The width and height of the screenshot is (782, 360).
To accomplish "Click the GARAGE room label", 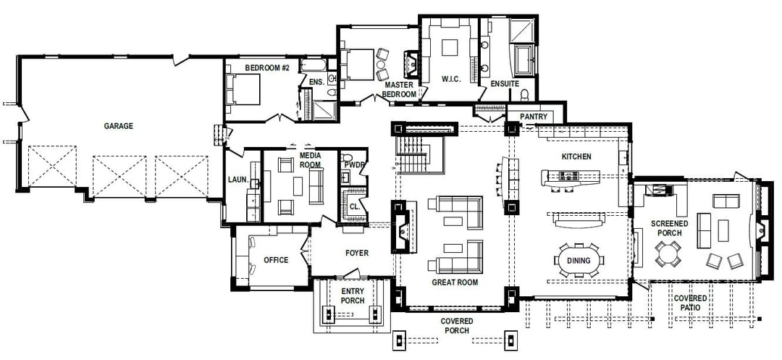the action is click(118, 126).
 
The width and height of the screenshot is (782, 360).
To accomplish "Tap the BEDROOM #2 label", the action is click(266, 67).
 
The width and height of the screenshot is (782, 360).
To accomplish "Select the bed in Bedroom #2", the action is click(243, 89).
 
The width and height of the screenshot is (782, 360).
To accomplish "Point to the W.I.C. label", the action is click(450, 79).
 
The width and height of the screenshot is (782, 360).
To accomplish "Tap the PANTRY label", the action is click(534, 117).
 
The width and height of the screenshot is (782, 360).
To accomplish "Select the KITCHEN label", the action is click(576, 156).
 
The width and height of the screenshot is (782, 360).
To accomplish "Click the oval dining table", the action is click(578, 260).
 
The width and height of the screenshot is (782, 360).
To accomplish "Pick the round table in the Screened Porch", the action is click(667, 254).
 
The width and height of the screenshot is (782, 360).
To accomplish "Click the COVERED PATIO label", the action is click(690, 303).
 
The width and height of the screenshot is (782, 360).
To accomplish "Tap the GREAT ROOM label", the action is click(455, 282).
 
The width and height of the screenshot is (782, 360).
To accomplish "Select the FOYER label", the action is click(357, 254).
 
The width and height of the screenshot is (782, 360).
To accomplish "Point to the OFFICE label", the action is click(276, 260).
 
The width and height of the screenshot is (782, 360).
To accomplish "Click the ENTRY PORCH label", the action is click(353, 296).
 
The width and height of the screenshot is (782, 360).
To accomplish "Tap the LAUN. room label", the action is click(238, 180).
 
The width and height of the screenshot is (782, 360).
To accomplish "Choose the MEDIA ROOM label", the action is click(310, 160).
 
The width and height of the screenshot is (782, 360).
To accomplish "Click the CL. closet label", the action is click(355, 206).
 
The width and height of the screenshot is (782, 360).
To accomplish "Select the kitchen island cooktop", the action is click(569, 175).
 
